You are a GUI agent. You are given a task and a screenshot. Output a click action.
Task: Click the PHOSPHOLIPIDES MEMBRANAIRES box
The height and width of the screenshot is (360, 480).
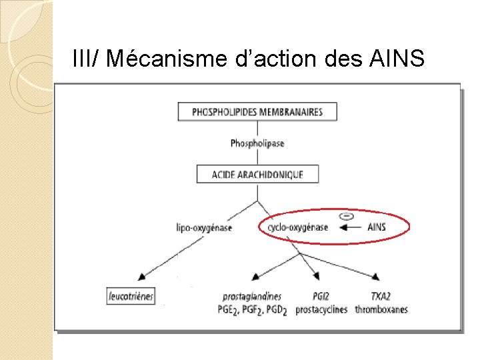(x=257, y=111)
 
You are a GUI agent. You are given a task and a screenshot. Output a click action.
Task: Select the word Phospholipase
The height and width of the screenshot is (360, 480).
(x=257, y=143)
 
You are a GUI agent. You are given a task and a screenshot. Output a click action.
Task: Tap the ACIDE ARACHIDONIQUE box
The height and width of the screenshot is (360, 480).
(x=257, y=175)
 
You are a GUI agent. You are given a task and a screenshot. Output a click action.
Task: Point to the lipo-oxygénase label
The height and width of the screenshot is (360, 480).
(x=204, y=227)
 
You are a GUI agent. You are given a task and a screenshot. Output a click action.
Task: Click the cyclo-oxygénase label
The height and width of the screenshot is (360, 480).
(x=298, y=227)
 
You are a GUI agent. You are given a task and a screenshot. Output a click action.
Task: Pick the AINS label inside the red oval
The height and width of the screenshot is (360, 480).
(x=377, y=227)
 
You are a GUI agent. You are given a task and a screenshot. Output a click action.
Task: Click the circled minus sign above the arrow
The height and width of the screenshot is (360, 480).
(x=346, y=216)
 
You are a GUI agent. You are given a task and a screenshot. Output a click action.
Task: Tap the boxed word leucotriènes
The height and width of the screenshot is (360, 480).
(x=131, y=296)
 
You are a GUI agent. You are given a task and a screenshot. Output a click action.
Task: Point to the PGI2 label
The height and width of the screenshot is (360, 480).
(x=321, y=296)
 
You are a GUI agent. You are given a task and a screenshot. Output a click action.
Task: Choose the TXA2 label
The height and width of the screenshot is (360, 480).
(x=381, y=296)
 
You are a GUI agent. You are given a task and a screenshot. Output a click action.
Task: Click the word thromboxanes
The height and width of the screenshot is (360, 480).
(x=381, y=309)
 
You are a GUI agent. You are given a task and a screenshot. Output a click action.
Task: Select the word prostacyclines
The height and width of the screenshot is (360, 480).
(x=321, y=309)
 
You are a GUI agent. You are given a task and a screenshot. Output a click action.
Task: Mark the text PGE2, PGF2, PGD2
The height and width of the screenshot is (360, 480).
(x=251, y=310)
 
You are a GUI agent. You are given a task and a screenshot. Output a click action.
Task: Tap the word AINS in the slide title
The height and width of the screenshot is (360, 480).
(x=395, y=60)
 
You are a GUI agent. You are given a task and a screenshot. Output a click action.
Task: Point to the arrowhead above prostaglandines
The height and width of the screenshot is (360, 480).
(x=256, y=276)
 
